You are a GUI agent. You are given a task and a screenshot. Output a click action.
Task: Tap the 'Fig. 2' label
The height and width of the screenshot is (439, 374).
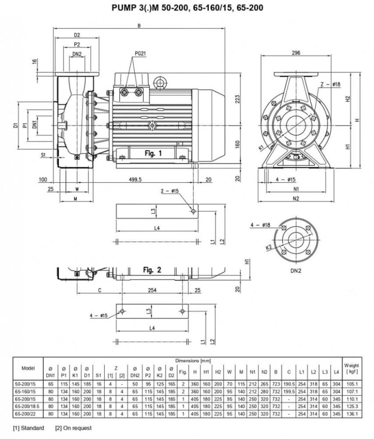pyautogui.click(x=153, y=270)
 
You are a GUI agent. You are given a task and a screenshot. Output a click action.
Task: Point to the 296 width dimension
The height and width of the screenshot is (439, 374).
pyautogui.click(x=296, y=53)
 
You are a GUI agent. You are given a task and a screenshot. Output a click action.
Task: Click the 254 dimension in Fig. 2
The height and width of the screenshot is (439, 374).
pyautogui.click(x=152, y=290)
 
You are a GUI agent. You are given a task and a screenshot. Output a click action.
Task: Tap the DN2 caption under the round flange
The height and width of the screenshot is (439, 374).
pyautogui.click(x=296, y=271)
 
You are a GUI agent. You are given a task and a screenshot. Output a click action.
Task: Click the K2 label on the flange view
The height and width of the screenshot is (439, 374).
pyautogui.click(x=269, y=248)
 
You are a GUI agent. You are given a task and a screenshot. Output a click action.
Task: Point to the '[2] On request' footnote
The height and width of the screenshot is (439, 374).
pyautogui.click(x=74, y=428)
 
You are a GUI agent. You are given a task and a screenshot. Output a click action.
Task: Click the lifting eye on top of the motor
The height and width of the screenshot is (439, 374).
pyautogui.click(x=160, y=82)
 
